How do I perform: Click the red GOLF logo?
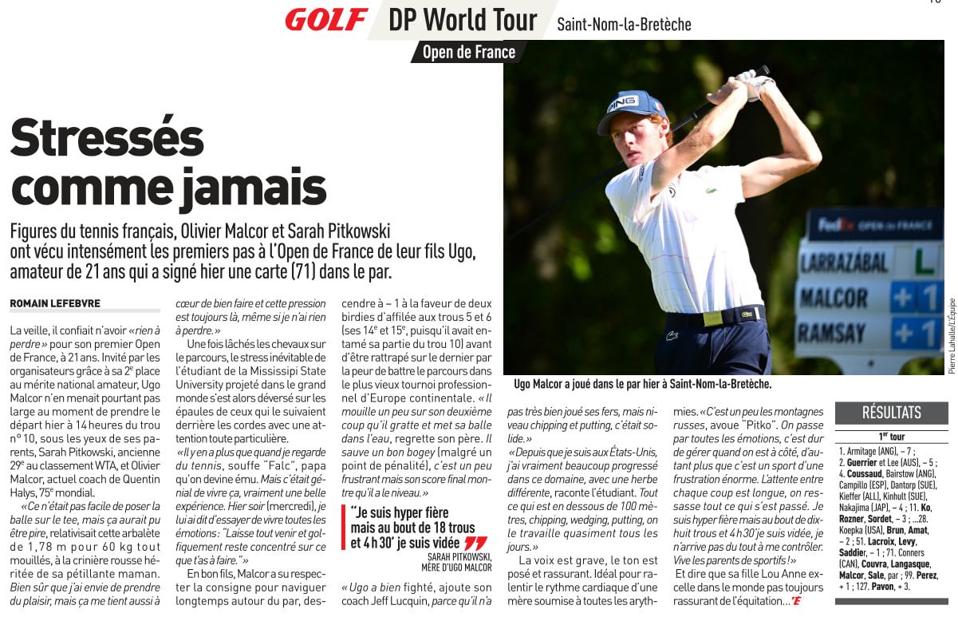point(326,20)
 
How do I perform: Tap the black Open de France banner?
point(469,53)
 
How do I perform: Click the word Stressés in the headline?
point(107,137)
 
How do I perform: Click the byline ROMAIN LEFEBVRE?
point(55,303)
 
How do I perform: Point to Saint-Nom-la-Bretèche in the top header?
point(624,24)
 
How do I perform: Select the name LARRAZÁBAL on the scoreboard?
point(844,263)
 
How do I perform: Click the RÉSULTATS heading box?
point(891,413)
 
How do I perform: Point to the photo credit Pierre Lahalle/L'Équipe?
point(952,335)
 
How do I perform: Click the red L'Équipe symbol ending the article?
point(795,601)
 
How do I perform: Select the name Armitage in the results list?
point(861,451)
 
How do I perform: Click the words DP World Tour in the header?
point(463,20)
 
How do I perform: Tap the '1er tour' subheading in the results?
point(891,437)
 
